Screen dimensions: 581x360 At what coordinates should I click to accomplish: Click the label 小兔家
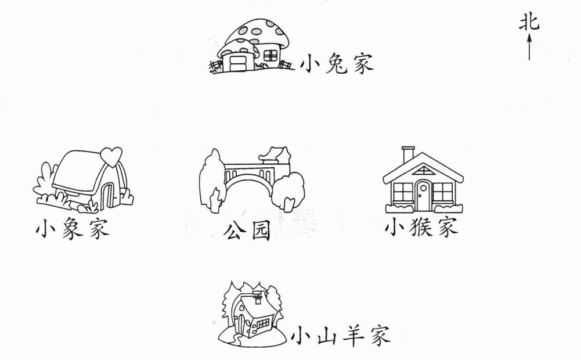point(337,63)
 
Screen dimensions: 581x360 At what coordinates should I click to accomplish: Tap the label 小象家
point(72,229)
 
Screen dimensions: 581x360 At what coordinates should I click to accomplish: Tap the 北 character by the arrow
point(529,23)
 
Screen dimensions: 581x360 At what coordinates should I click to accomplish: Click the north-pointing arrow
point(529,46)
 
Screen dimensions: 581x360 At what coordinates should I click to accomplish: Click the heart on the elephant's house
point(110,156)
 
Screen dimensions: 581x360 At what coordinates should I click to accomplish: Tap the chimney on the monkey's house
point(409,154)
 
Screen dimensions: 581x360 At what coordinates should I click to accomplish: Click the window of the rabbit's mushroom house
point(271,56)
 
